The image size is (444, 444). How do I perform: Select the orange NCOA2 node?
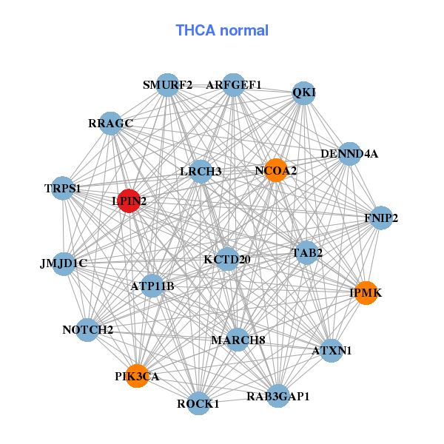pos(276,170)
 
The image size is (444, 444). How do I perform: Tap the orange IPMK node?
pos(366,293)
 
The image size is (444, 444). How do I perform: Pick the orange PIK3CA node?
pos(137,376)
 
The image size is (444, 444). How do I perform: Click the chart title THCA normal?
pos(222,30)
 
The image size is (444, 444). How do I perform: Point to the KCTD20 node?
pos(227,259)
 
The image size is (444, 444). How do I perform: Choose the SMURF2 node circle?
pos(168,85)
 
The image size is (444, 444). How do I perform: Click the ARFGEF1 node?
pos(234,85)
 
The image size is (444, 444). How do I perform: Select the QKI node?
pos(304,92)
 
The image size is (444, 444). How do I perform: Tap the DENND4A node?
pos(349,154)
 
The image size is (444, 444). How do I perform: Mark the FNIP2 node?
pos(381,218)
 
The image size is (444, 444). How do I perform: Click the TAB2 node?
pos(307,253)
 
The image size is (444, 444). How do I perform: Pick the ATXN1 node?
pos(332,349)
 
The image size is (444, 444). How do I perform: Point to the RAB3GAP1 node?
pos(277,396)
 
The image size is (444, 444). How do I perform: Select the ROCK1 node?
pos(198,403)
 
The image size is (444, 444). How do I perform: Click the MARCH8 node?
pos(237,340)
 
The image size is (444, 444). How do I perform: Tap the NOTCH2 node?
pos(88,329)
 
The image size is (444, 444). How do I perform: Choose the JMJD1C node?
pos(64,263)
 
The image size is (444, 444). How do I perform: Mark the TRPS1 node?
pos(63,189)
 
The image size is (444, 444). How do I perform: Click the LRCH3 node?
pos(201,172)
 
